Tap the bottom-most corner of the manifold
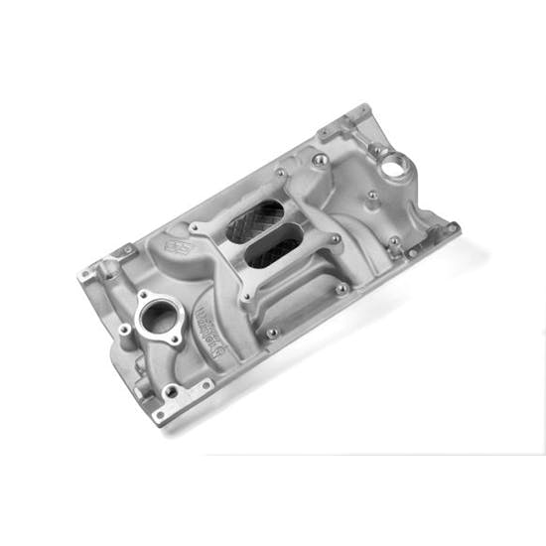(x=161, y=415)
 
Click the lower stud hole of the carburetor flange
(x=243, y=294)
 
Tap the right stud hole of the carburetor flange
(x=335, y=238)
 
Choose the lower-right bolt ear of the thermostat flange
(x=176, y=339)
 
